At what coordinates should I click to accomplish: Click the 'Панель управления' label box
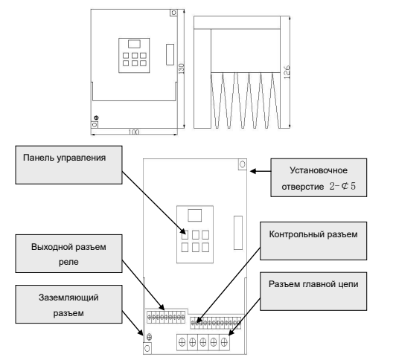pyautogui.click(x=68, y=165)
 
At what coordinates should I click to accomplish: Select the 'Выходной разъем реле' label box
pyautogui.click(x=68, y=254)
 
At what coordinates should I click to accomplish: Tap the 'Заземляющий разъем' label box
pyautogui.click(x=68, y=304)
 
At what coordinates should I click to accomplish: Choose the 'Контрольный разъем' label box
pyautogui.click(x=313, y=241)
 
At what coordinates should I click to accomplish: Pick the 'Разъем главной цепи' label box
pyautogui.click(x=313, y=292)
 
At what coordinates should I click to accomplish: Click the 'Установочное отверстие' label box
pyautogui.click(x=319, y=177)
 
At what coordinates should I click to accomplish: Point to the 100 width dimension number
pyautogui.click(x=134, y=132)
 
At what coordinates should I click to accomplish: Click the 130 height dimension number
pyautogui.click(x=181, y=68)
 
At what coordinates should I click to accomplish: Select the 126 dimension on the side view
pyautogui.click(x=287, y=72)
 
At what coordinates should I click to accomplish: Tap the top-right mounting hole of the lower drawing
pyautogui.click(x=243, y=164)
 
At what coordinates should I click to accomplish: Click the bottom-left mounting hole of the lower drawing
pyautogui.click(x=147, y=348)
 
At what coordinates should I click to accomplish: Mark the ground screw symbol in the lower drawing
pyautogui.click(x=149, y=337)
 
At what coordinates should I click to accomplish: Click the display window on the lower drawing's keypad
pyautogui.click(x=195, y=215)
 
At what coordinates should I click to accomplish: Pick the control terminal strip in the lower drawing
pyautogui.click(x=216, y=323)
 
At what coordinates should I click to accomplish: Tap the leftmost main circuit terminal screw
pyautogui.click(x=182, y=341)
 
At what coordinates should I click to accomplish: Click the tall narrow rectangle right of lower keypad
pyautogui.click(x=238, y=233)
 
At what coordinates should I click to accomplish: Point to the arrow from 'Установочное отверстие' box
pyautogui.click(x=261, y=171)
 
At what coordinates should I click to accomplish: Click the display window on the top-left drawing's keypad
pyautogui.click(x=134, y=44)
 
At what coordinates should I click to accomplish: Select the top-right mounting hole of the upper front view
pyautogui.click(x=173, y=13)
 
